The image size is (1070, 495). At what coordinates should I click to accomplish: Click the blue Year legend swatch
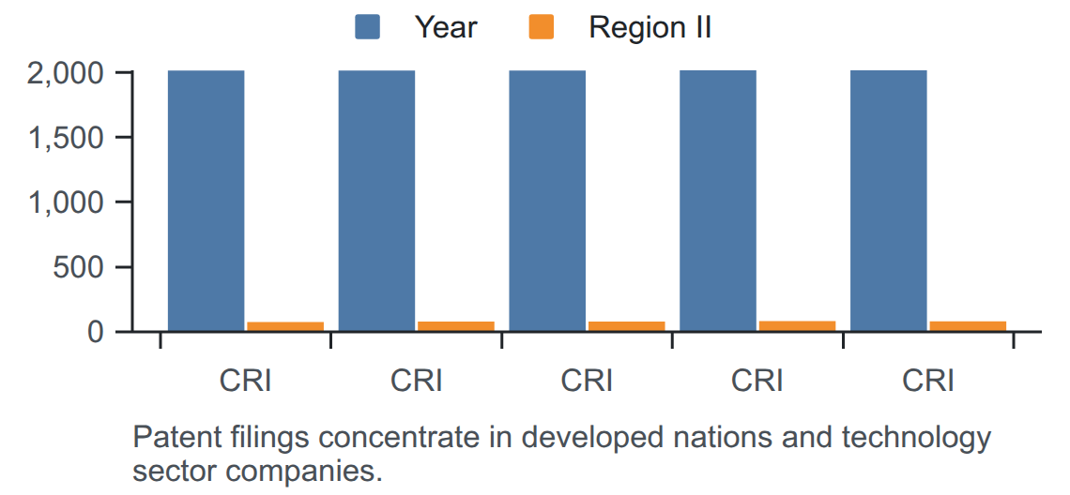(367, 28)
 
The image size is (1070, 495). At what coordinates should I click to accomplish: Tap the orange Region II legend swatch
(542, 28)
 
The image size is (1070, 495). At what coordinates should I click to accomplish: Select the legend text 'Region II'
(650, 28)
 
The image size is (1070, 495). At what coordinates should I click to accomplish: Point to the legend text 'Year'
(446, 28)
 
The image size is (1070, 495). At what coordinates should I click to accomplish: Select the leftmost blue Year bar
(206, 202)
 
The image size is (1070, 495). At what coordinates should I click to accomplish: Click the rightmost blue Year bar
(889, 202)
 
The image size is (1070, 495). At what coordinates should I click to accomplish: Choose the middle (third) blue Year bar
(547, 202)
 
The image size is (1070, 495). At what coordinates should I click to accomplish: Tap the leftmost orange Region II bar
(285, 326)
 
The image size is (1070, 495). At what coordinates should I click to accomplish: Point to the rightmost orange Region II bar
(968, 326)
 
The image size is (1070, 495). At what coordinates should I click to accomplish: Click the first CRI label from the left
(246, 382)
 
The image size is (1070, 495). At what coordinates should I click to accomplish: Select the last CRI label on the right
(928, 382)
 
